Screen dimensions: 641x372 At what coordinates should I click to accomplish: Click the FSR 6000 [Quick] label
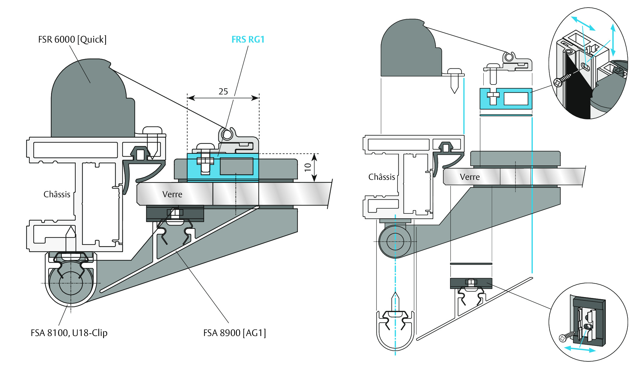click(x=72, y=40)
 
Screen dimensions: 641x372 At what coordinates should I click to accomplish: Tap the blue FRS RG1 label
click(x=248, y=40)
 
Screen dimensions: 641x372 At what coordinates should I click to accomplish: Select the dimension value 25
click(x=223, y=91)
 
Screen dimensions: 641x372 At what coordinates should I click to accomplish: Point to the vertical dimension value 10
click(x=308, y=167)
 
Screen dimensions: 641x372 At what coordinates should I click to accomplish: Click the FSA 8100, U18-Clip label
click(x=69, y=333)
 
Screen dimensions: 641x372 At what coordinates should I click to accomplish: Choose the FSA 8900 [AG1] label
click(x=234, y=333)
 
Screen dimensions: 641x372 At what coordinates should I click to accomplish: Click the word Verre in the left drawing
click(x=172, y=194)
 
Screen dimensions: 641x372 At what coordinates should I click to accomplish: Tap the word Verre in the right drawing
click(x=470, y=177)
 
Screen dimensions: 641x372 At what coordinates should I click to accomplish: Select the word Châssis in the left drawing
click(x=57, y=194)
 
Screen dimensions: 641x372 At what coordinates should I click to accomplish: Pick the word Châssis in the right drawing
click(x=382, y=177)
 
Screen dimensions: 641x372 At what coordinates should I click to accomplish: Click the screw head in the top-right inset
click(x=558, y=82)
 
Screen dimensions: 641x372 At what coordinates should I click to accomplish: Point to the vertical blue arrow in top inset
click(x=613, y=40)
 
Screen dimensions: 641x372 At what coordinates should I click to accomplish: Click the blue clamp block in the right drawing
click(x=506, y=99)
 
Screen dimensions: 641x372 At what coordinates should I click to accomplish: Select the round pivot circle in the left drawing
click(x=71, y=283)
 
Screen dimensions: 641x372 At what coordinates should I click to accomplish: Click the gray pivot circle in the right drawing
click(x=395, y=241)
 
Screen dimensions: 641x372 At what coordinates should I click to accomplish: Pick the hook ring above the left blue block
click(x=227, y=135)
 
